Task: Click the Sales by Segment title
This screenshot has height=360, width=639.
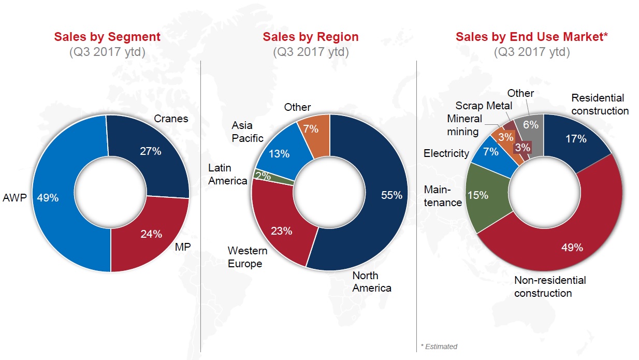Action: click(x=107, y=37)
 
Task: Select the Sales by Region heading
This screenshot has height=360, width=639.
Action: click(x=310, y=37)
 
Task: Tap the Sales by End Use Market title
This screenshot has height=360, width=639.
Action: click(x=531, y=37)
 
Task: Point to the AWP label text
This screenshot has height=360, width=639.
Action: click(x=14, y=197)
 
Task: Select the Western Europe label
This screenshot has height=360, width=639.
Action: click(x=248, y=257)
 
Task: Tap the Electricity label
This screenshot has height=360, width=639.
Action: click(x=446, y=153)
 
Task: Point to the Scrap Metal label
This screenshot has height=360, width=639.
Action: click(x=484, y=106)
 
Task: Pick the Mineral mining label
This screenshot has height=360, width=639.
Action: click(x=464, y=125)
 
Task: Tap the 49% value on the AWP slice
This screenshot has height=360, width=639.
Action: click(x=48, y=197)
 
